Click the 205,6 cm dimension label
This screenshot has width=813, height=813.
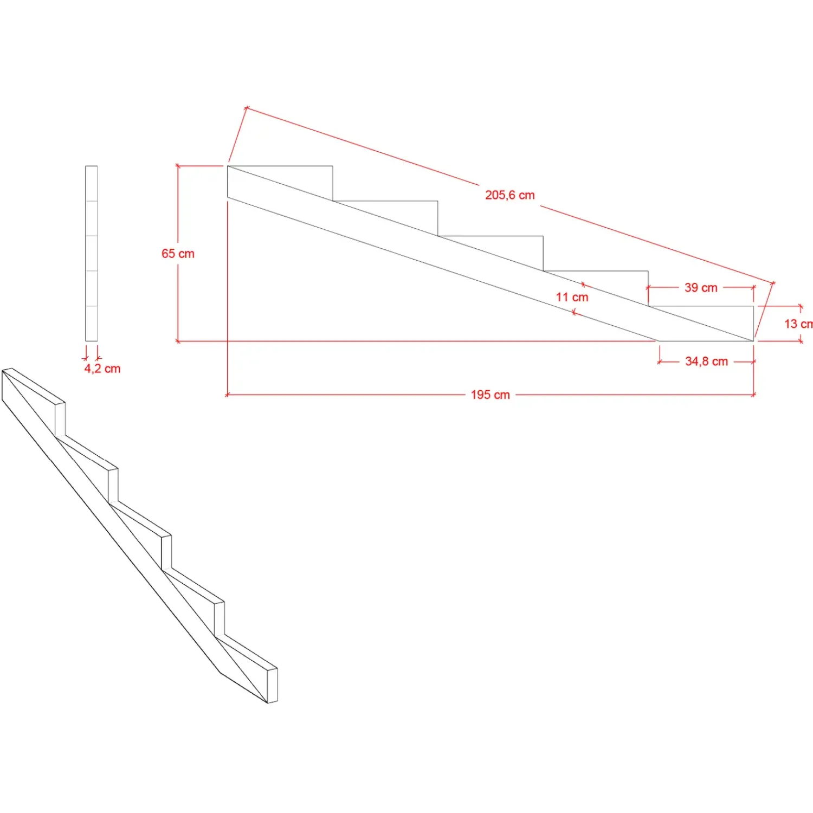click(509, 195)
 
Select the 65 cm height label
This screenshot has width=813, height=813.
click(178, 254)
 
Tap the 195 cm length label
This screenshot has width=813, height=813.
click(490, 395)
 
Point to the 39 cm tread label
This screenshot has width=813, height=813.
click(701, 288)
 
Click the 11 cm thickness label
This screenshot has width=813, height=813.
click(572, 297)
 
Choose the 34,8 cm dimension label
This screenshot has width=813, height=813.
click(706, 362)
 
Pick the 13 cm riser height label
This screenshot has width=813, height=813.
click(798, 324)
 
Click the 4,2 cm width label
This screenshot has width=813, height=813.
click(102, 369)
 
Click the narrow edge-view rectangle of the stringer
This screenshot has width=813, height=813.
click(92, 254)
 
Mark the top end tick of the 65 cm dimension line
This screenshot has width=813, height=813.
click(178, 165)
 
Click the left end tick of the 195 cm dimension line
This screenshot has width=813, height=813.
click(227, 395)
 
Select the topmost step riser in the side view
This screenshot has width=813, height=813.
click(333, 183)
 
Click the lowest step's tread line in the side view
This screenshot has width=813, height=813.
click(701, 306)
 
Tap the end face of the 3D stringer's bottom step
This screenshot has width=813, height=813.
click(273, 686)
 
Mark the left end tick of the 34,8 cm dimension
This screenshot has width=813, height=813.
click(660, 362)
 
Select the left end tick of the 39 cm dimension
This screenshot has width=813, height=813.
click(648, 288)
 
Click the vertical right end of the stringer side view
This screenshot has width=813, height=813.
click(753, 324)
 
